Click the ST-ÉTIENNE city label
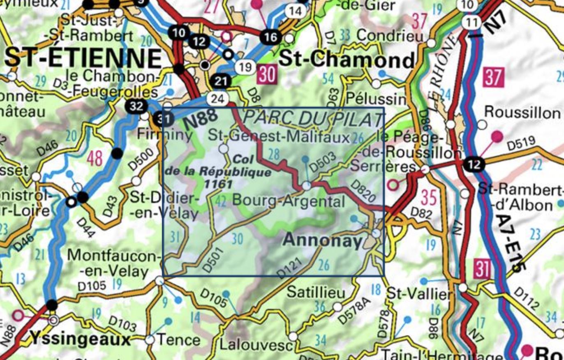tap(84, 58)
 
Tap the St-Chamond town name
tap(347, 60)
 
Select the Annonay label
tap(324, 241)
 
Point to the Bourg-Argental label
tap(289, 201)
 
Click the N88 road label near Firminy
tap(200, 119)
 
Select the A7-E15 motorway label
tap(509, 242)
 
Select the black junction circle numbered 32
tap(136, 106)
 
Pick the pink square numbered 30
tap(267, 75)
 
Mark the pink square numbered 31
tap(482, 268)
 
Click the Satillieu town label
tap(310, 292)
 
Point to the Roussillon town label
tap(522, 112)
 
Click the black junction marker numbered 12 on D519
tap(474, 164)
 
